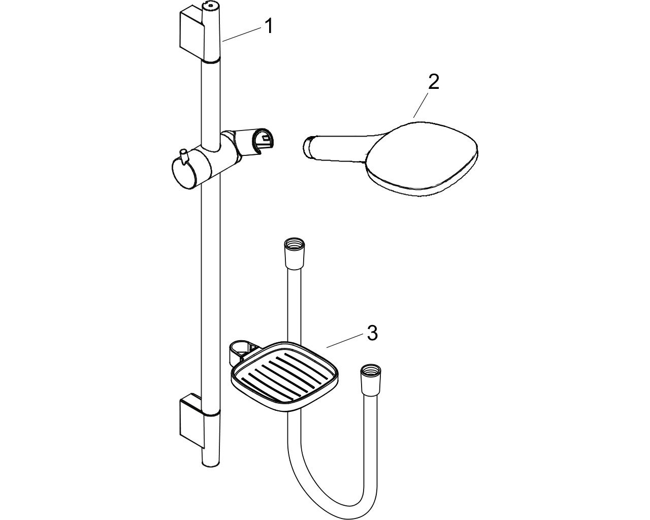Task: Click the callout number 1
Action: pyautogui.click(x=269, y=26)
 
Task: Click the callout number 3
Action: pyautogui.click(x=372, y=333)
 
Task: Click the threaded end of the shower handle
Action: pyautogui.click(x=308, y=147)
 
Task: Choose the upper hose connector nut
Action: pyautogui.click(x=295, y=253)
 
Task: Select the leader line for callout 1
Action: pyautogui.click(x=242, y=34)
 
